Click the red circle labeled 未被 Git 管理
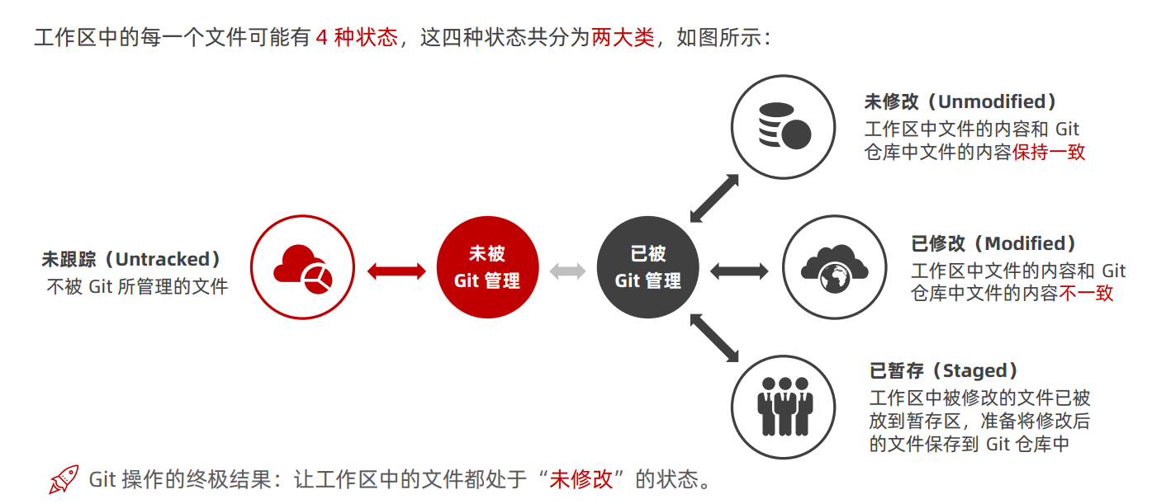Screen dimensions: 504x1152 pyautogui.click(x=487, y=267)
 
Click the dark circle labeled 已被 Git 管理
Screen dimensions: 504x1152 pyautogui.click(x=647, y=267)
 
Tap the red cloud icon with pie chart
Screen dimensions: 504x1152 pyautogui.click(x=302, y=267)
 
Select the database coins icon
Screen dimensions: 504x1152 pyautogui.click(x=784, y=126)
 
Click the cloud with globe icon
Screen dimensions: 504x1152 pyautogui.click(x=834, y=268)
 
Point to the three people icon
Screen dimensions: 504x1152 pyautogui.click(x=784, y=407)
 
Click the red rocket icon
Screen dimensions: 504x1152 pyautogui.click(x=64, y=478)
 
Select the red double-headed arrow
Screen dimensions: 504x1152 pyautogui.click(x=397, y=271)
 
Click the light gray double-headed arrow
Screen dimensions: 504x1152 pyautogui.click(x=567, y=271)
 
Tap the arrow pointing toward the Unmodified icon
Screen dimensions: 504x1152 pyautogui.click(x=714, y=198)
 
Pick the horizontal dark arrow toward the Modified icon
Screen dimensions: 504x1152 pyautogui.click(x=739, y=271)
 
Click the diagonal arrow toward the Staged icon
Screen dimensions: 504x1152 pyautogui.click(x=714, y=337)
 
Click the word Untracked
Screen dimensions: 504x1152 pyautogui.click(x=163, y=259)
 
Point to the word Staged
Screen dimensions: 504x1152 pyautogui.click(x=974, y=370)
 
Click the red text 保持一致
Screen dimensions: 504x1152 pyautogui.click(x=1049, y=152)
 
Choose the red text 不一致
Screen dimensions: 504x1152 pyautogui.click(x=1086, y=293)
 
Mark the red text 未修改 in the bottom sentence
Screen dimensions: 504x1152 pyautogui.click(x=581, y=479)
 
